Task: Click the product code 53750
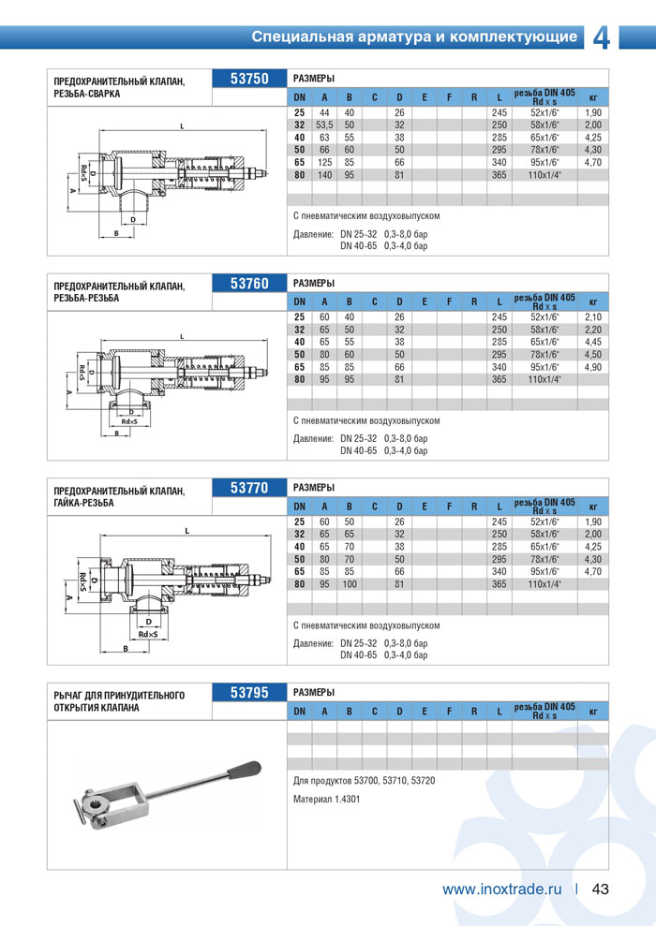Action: point(249,80)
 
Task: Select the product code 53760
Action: point(249,284)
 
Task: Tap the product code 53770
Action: point(249,488)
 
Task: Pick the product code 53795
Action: point(249,693)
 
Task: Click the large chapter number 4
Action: point(602,37)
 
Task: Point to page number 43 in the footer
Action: point(601,889)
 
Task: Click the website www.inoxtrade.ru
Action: point(501,889)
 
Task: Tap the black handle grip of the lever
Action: point(246,770)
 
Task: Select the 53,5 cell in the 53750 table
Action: point(324,125)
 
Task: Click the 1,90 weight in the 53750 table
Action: point(592,112)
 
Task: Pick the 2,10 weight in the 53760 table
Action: point(592,317)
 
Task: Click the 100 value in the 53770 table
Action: point(349,584)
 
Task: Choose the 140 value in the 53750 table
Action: point(324,174)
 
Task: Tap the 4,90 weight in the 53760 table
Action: point(592,367)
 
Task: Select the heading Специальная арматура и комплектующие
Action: point(414,37)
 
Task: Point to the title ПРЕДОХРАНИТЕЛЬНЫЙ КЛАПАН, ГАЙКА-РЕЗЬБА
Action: point(119,496)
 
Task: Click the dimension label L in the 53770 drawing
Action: point(187,531)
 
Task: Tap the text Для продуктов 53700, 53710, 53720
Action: point(364,780)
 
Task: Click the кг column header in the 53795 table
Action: point(592,713)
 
